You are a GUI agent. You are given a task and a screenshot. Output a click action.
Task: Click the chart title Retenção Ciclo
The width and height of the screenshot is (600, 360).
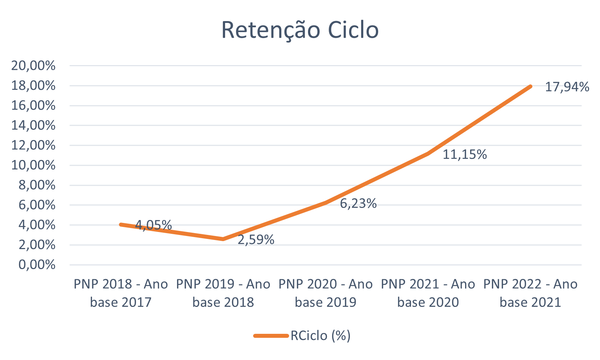[x=300, y=30]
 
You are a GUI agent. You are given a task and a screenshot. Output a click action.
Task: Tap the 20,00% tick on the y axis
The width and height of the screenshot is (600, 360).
[x=33, y=66]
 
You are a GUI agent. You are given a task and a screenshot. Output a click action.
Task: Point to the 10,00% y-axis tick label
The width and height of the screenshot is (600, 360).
[x=33, y=165]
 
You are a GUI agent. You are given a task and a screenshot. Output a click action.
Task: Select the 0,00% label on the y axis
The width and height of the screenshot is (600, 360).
[x=37, y=265]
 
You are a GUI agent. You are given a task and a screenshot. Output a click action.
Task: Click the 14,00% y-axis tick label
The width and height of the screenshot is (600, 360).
[x=33, y=125]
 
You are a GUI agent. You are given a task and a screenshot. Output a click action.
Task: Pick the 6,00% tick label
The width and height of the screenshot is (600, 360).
[x=37, y=205]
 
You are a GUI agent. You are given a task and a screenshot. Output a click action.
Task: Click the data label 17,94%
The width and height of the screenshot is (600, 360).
[x=567, y=87]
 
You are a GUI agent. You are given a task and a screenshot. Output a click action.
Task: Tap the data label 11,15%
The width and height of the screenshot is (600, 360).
[x=464, y=155]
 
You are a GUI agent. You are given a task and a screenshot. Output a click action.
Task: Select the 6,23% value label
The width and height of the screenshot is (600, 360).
[x=358, y=203]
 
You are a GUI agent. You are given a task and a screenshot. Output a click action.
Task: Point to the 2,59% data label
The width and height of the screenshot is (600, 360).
[x=256, y=240]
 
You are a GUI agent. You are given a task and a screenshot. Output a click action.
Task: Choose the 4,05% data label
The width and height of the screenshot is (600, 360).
[x=153, y=225]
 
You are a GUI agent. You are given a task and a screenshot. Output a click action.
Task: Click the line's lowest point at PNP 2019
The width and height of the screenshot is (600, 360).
[x=223, y=239]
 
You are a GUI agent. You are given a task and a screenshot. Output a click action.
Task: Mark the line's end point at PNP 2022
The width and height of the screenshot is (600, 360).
[x=531, y=86]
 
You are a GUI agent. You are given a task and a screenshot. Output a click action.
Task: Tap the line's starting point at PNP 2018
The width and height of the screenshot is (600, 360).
[x=121, y=224]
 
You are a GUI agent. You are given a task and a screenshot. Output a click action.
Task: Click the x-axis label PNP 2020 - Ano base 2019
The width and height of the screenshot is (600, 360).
[x=325, y=293]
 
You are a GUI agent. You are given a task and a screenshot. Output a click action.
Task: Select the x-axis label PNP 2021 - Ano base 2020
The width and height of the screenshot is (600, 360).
[x=428, y=293]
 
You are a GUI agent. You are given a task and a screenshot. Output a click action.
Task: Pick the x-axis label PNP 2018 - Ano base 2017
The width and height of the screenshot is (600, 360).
[x=121, y=293]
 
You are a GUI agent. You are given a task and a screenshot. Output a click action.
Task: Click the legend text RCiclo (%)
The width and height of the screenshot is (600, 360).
[x=320, y=336]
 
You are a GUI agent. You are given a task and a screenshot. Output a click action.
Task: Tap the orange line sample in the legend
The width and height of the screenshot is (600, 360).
[x=271, y=336]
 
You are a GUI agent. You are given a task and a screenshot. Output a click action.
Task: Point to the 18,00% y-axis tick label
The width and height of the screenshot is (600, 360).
[x=33, y=86]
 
